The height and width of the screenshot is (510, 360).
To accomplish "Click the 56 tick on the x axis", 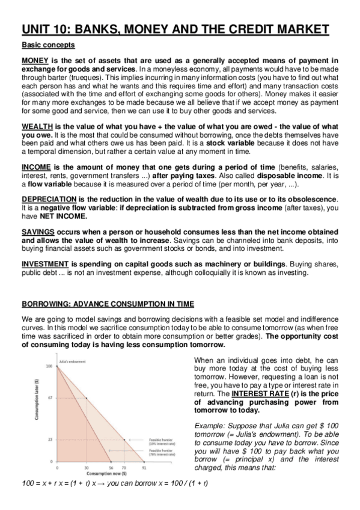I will click(111, 467).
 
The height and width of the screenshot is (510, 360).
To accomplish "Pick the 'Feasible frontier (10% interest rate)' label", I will click(162, 442).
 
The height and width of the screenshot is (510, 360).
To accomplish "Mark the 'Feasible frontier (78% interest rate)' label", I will click(162, 453).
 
